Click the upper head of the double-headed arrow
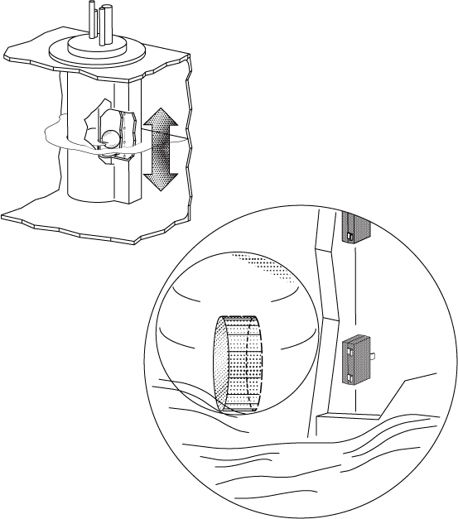(160, 123)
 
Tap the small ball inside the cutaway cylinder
(111, 137)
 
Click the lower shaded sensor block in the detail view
(355, 361)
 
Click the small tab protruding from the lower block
(374, 356)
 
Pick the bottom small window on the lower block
(350, 377)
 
